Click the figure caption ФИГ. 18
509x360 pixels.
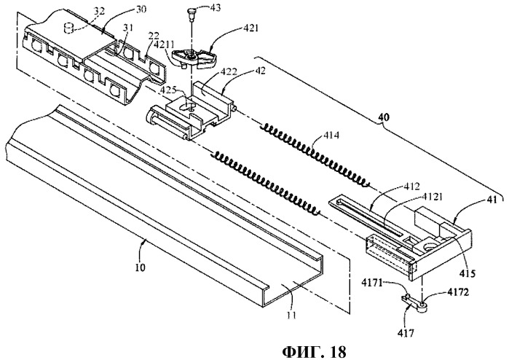click(314, 351)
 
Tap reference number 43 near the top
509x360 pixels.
click(215, 7)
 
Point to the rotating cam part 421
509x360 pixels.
click(194, 58)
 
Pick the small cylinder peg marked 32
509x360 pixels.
click(68, 28)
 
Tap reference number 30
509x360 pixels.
click(140, 9)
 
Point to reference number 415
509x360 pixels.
click(467, 273)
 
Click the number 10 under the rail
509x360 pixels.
click(141, 267)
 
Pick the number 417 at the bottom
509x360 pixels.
click(406, 333)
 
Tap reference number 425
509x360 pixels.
click(168, 88)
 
